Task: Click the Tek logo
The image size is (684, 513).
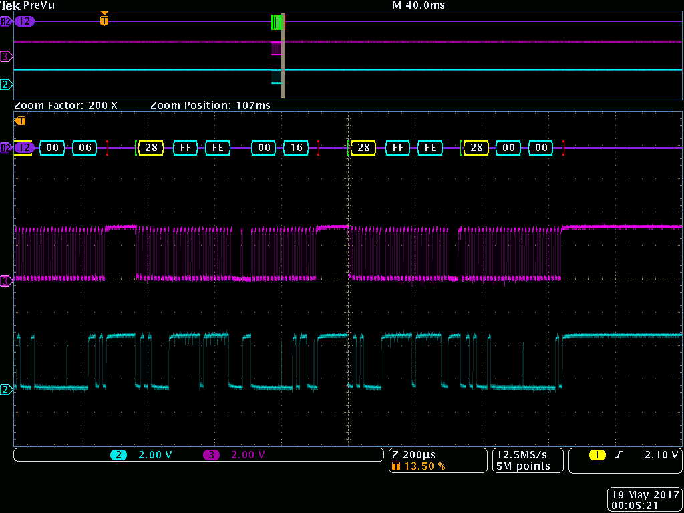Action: point(11,5)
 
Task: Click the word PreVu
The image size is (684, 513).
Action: point(39,5)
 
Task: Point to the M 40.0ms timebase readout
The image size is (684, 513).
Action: point(418,5)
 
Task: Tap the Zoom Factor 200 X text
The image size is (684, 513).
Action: point(66,106)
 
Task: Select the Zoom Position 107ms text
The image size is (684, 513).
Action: point(210,106)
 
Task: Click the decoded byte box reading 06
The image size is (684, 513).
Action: point(85,148)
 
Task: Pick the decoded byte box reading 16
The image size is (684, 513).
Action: point(296,148)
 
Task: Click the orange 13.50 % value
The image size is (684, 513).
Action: point(424,466)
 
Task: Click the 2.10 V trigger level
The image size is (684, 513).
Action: point(661,455)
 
